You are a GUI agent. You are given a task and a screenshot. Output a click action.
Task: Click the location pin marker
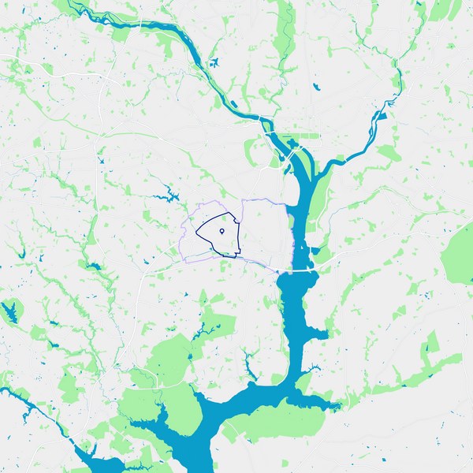(222, 231)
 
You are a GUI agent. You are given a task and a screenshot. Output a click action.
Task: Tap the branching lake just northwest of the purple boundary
(167, 192)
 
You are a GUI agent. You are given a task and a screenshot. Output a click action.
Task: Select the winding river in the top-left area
(158, 32)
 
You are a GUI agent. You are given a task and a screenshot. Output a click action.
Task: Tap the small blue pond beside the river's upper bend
(213, 63)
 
